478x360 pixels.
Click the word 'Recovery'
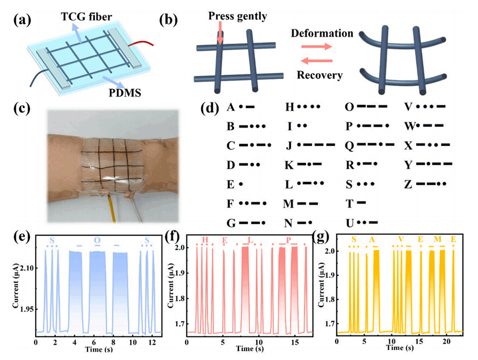coord(319,76)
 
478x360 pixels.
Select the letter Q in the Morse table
coord(349,145)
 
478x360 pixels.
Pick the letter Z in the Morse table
coord(408,184)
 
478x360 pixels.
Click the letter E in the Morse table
coord(230,184)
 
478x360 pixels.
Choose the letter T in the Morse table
coord(349,203)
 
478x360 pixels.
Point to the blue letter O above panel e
coord(97,240)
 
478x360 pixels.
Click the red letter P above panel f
coord(288,240)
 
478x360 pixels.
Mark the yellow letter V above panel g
coord(400,240)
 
